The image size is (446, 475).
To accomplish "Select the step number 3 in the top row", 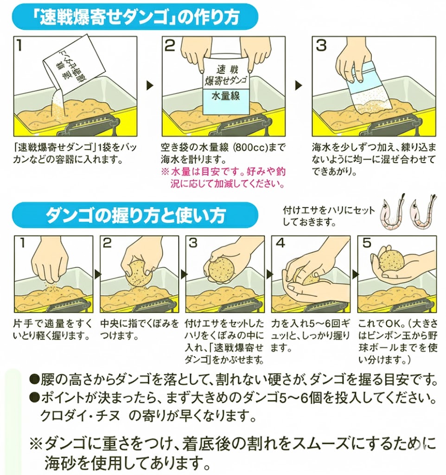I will [x=321, y=45].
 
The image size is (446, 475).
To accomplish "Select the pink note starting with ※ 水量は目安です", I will [x=223, y=178].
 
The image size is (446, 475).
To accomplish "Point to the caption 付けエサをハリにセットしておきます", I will [x=328, y=216].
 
